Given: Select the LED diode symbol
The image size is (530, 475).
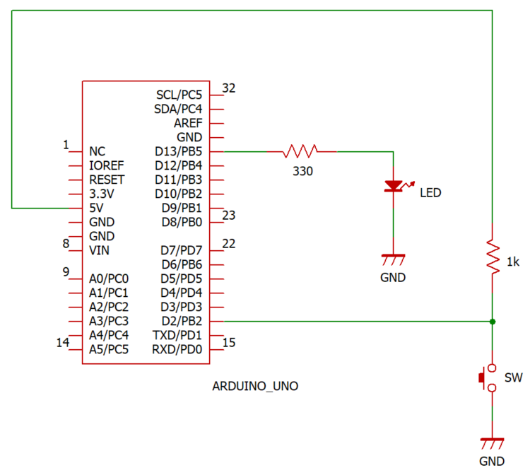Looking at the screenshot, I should click(x=393, y=187).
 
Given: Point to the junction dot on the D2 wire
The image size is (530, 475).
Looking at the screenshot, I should click(x=493, y=321).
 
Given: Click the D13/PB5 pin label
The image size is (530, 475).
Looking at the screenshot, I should click(x=178, y=151).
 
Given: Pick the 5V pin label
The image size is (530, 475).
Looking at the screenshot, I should click(x=98, y=208).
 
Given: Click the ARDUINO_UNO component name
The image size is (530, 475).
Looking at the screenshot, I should click(x=255, y=387).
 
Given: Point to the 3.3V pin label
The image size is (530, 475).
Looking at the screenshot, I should click(x=102, y=194).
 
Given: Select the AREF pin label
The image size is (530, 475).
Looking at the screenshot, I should click(x=187, y=123).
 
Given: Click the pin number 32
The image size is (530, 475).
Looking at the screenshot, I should click(x=229, y=88).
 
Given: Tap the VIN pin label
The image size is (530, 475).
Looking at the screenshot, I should click(x=100, y=250).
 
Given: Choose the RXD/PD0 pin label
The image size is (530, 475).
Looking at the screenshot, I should click(x=177, y=349).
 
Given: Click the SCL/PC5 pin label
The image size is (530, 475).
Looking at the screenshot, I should click(x=179, y=95).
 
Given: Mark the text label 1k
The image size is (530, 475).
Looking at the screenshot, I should click(x=513, y=262).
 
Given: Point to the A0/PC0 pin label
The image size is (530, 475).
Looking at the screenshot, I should click(x=109, y=278).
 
